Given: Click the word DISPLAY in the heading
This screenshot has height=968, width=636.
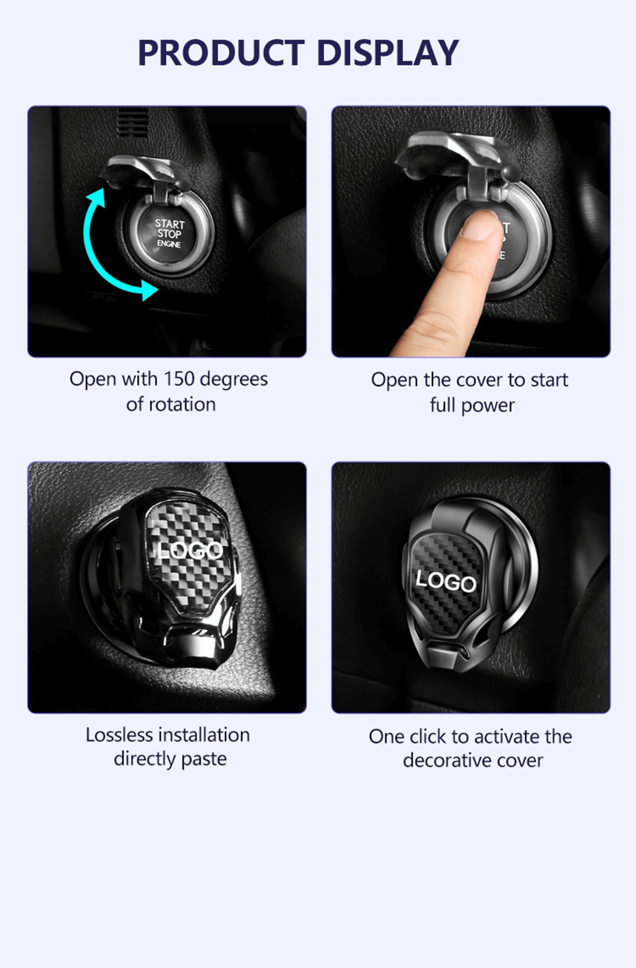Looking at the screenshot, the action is coord(388,53).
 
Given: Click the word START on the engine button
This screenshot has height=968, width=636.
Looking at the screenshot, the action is coord(170,224).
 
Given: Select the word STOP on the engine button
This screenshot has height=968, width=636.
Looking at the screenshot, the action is coord(170,234).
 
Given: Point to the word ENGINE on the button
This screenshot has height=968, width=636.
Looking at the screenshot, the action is coord(169,244).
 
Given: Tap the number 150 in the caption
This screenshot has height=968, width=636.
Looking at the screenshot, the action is coord(179,379).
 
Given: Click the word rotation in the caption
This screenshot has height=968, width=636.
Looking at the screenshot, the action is coord(182,404).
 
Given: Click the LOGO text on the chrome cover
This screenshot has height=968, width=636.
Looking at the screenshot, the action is coord(190,550).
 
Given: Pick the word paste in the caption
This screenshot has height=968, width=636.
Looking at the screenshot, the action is coord(204,759).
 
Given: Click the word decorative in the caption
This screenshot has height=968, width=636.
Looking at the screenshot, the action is coord(446,760).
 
